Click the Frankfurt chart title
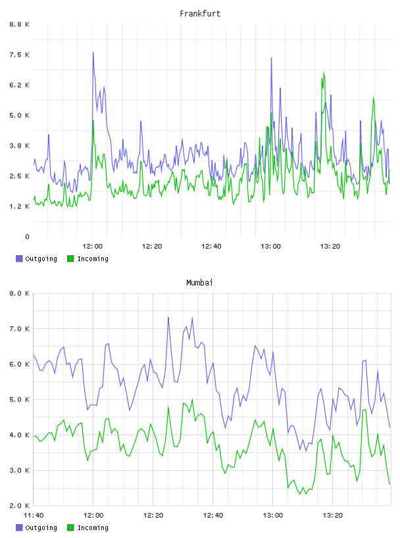point(200,14)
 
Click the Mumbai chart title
point(199,283)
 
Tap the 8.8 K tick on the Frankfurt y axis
point(20,24)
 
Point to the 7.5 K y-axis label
point(20,55)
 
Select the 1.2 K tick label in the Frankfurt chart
point(20,206)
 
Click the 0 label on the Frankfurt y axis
point(28,237)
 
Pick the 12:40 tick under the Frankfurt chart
point(211,247)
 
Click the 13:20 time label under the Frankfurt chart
point(330,247)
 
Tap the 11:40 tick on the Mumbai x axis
point(34,516)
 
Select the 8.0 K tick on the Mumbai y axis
point(20,293)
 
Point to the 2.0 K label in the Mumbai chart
point(20,506)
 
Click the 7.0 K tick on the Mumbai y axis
point(20,329)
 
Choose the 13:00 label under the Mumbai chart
point(273,516)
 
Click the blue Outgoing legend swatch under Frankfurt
point(19,258)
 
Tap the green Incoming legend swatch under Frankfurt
point(70,258)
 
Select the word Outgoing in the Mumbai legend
point(41,528)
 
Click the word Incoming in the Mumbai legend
point(93,528)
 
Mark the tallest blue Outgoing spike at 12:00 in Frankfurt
point(93,53)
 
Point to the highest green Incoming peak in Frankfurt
point(324,73)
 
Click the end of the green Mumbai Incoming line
point(389,484)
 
